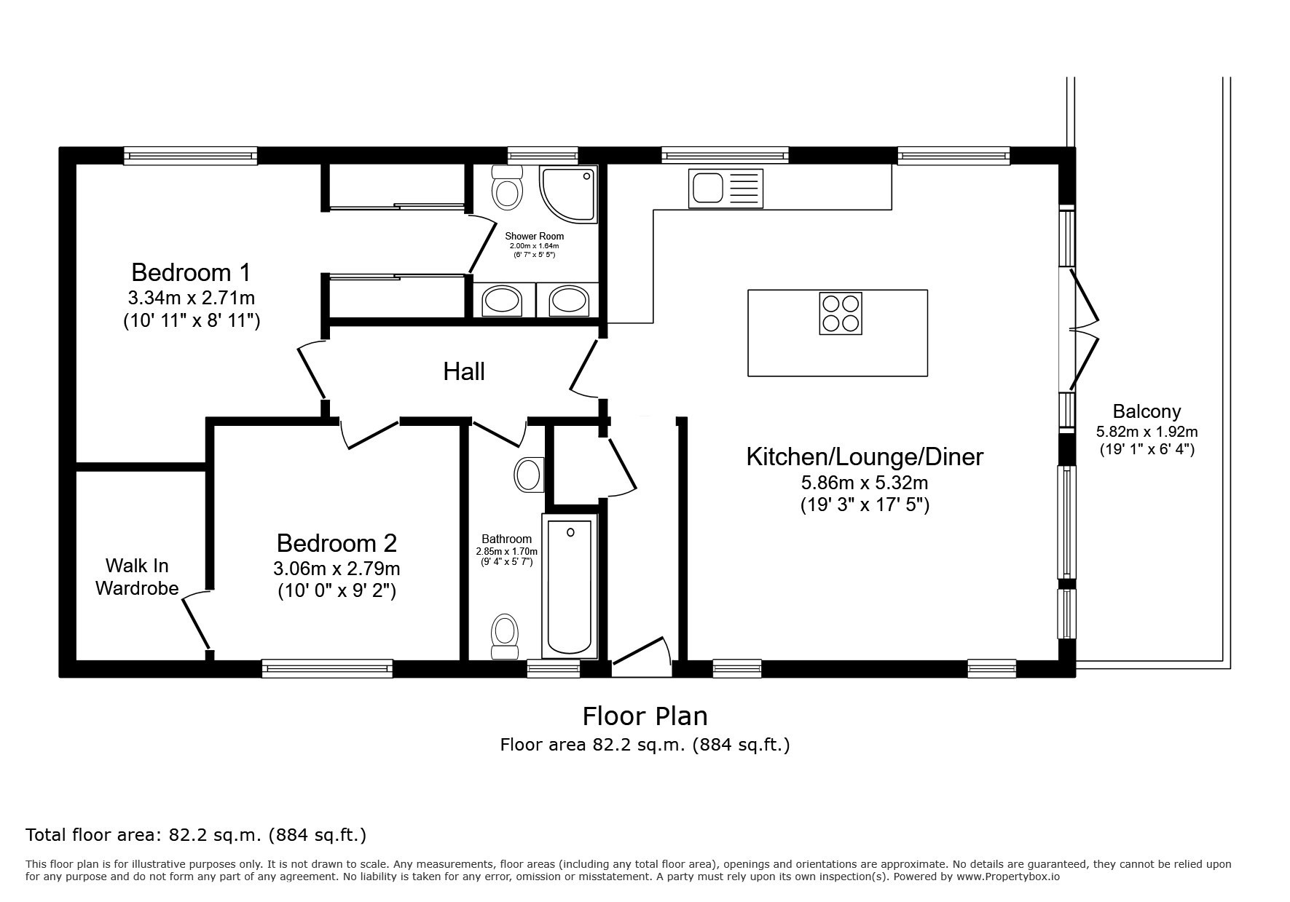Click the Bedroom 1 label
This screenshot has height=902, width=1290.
191,272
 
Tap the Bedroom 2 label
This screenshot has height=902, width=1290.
337,543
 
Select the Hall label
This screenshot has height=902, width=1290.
464,372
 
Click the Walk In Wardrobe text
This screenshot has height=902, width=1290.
137,577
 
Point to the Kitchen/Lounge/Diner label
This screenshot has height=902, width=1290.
865,457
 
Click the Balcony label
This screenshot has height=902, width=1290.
1147,411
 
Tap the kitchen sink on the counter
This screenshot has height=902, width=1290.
725,188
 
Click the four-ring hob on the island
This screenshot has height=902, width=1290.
841,313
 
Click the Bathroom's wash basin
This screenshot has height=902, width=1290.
528,475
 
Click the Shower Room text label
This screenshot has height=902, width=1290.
534,236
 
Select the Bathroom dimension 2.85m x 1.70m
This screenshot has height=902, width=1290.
506,551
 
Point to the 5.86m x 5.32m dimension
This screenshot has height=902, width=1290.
865,482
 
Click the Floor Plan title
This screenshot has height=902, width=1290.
645,716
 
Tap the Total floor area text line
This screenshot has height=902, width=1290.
196,835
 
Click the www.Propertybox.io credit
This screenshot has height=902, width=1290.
1007,877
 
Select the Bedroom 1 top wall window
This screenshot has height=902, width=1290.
190,156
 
